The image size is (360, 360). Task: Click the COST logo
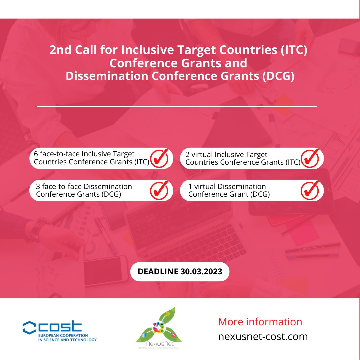click(x=59, y=331)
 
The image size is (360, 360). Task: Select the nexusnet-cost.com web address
click(x=263, y=336)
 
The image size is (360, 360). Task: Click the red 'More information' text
click(x=260, y=322)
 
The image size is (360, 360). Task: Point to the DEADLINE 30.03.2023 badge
click(x=180, y=271)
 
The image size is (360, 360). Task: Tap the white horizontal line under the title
click(x=177, y=107)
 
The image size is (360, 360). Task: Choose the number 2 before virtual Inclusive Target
click(x=188, y=155)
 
